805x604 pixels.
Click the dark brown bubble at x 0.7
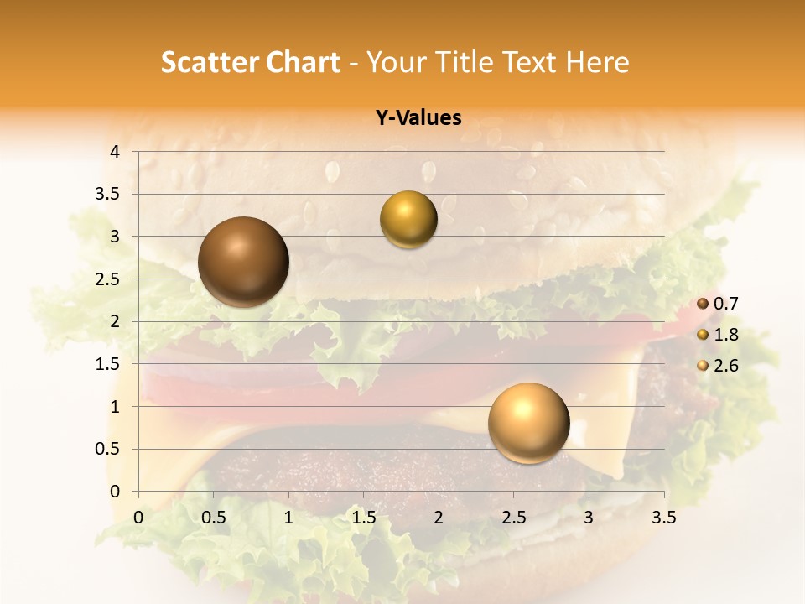pos(243,262)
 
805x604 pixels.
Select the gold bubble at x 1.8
pos(408,220)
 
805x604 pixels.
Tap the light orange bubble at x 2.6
pos(528,423)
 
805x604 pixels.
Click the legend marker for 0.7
pos(703,304)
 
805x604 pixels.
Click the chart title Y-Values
pos(418,118)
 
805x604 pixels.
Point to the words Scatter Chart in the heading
pos(251,62)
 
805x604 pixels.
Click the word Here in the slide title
pos(597,62)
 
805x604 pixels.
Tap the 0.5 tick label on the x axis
pos(214,518)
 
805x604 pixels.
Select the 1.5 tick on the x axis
pos(364,518)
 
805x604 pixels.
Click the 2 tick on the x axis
pos(439,518)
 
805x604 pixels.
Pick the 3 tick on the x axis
pos(589,518)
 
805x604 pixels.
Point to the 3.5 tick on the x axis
pos(663,518)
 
